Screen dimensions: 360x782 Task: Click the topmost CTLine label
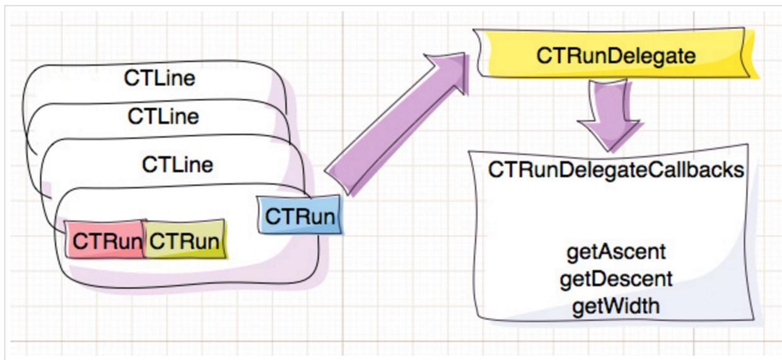tap(160, 79)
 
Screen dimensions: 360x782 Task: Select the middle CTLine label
tap(163, 116)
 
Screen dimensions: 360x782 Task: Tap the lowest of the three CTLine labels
tap(177, 165)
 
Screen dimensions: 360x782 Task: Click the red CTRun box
tap(105, 240)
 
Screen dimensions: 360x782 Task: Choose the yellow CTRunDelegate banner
tap(616, 56)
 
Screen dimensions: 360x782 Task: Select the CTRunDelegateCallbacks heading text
tap(616, 170)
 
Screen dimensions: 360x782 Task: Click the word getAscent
tap(616, 252)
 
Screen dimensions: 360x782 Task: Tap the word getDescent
tap(616, 279)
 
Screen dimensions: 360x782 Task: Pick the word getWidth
tap(616, 306)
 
